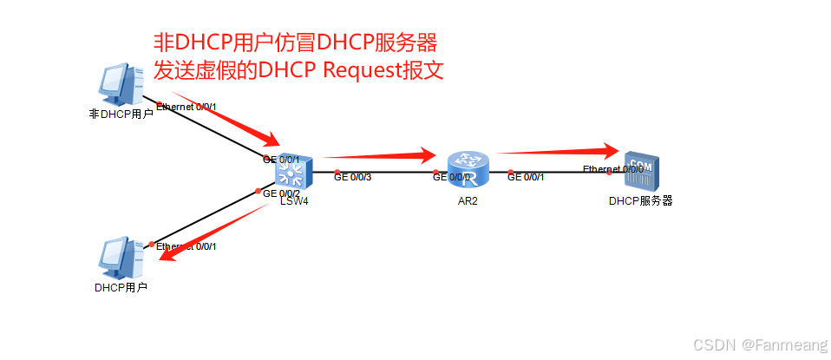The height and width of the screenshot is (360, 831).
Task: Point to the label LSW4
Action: click(295, 201)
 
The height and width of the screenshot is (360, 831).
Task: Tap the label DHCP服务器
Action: click(641, 200)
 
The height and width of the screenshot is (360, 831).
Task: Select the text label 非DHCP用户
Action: click(121, 114)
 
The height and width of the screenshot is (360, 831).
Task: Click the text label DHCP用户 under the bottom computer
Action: click(121, 287)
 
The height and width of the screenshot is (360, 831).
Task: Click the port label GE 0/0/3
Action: click(353, 177)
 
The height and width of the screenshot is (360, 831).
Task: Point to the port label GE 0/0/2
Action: click(281, 193)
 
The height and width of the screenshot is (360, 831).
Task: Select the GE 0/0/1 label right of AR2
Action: click(526, 177)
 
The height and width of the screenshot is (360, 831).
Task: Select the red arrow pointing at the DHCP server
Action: click(555, 151)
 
